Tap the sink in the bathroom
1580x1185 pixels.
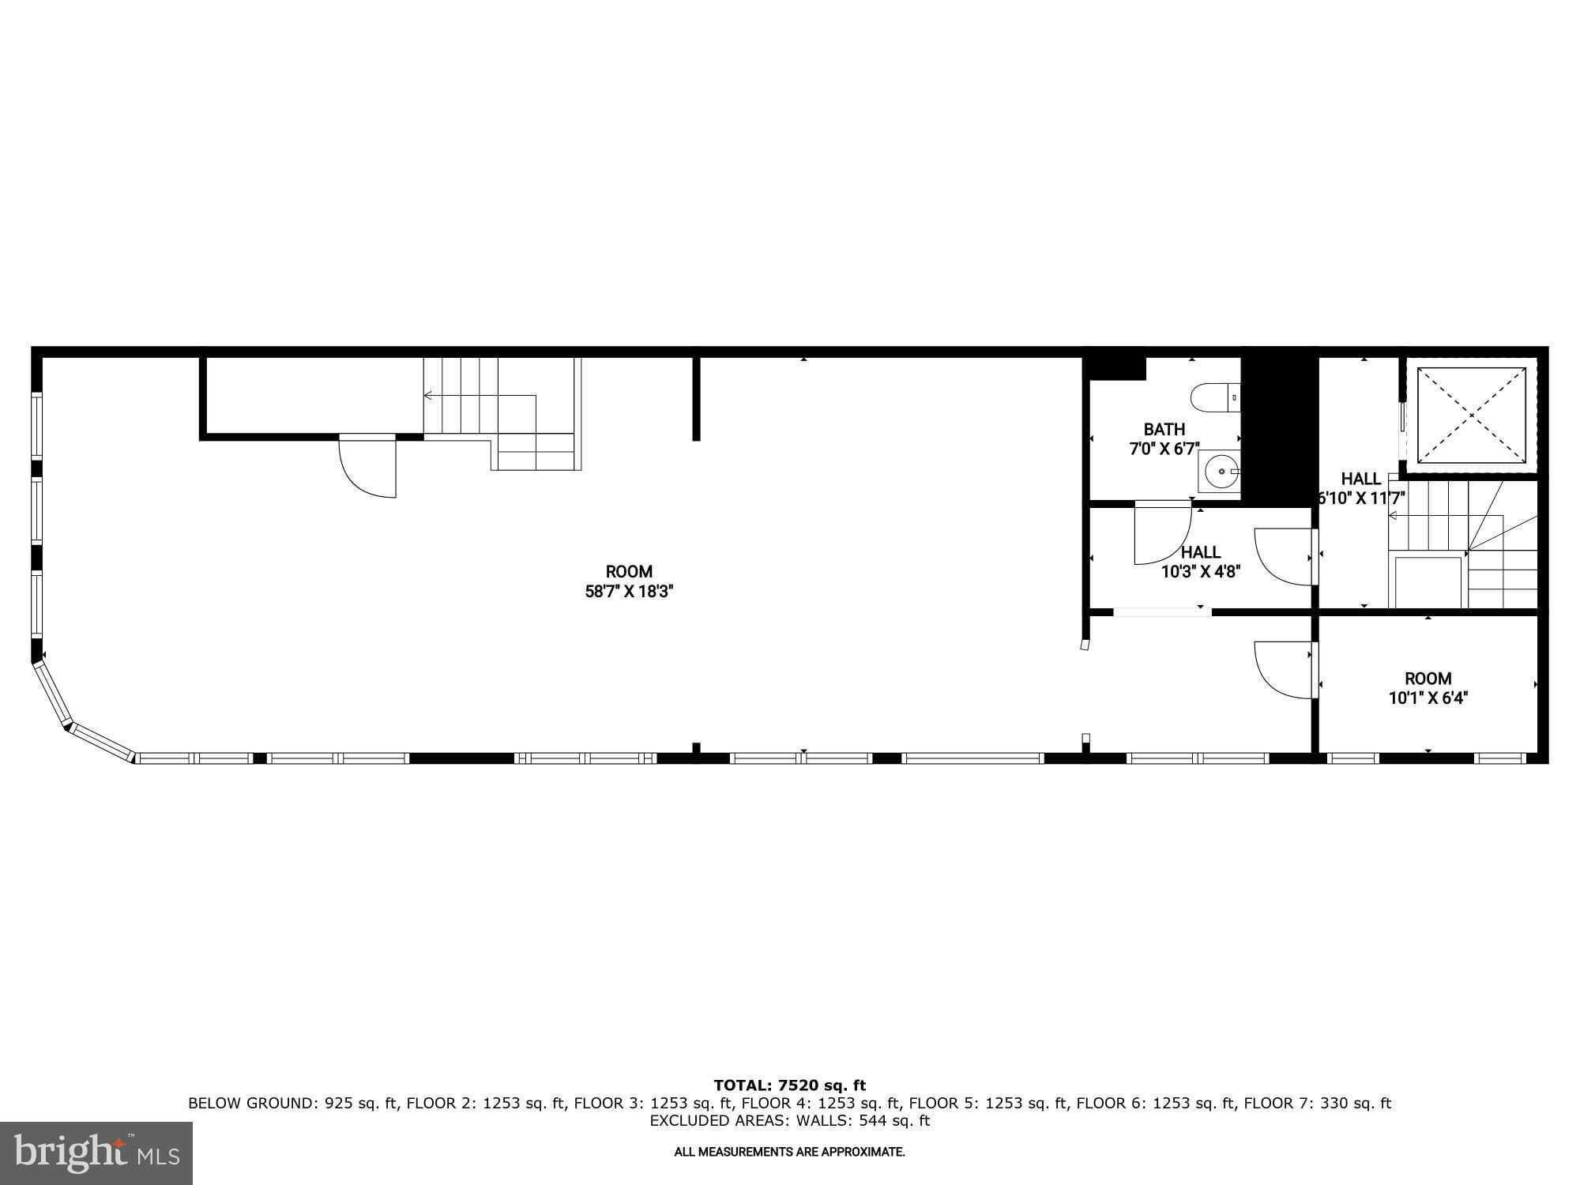(x=1220, y=472)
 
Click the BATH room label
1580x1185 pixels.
(x=1164, y=430)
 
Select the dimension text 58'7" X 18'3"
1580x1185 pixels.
(x=629, y=591)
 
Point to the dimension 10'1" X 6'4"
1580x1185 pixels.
(x=1428, y=698)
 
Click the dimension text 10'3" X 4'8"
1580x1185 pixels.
(x=1201, y=571)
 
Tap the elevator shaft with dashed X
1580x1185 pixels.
(x=1471, y=415)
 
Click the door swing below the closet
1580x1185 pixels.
(x=367, y=466)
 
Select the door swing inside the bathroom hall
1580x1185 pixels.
(x=1163, y=533)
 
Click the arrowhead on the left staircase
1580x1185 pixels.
(x=427, y=395)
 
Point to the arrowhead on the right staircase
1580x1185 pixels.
(x=1393, y=516)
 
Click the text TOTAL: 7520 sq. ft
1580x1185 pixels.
(x=789, y=1085)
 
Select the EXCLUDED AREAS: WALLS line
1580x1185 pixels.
(x=789, y=1121)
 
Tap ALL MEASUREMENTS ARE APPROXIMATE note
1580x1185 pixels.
(x=789, y=1153)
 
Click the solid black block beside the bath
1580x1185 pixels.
(x=1280, y=431)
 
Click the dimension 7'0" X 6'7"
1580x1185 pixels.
(x=1164, y=450)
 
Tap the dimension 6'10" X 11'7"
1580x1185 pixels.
(x=1361, y=498)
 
